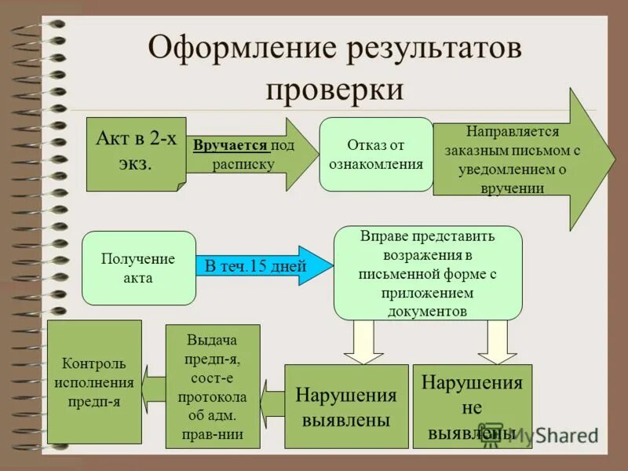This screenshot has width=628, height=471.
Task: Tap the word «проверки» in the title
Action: (x=334, y=89)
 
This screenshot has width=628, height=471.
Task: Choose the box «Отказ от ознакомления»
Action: (x=376, y=154)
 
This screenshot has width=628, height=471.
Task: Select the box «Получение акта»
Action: (x=139, y=268)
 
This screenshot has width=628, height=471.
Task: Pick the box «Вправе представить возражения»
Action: (x=428, y=272)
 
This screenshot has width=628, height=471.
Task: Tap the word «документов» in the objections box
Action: (x=428, y=310)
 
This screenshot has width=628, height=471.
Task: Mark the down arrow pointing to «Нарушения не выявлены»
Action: (x=495, y=342)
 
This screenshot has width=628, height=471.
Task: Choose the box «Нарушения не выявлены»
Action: (x=472, y=407)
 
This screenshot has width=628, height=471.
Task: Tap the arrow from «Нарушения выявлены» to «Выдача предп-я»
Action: (x=272, y=400)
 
